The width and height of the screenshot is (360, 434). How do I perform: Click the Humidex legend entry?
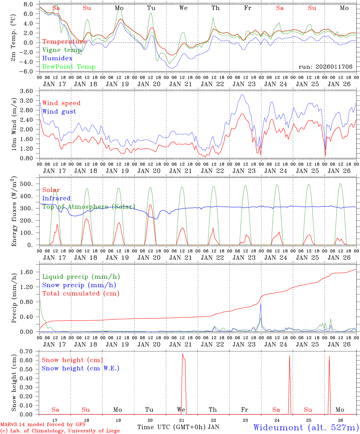(57, 58)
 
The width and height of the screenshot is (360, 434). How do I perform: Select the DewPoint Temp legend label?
(69, 67)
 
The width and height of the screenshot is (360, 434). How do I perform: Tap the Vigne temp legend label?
(62, 50)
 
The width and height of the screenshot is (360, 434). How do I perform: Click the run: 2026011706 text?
(325, 67)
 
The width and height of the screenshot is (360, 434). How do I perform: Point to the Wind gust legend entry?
(59, 112)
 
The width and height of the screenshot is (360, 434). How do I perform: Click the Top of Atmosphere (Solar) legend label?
(88, 207)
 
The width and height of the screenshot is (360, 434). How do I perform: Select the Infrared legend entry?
(56, 198)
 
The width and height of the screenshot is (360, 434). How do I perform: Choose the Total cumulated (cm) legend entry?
(81, 294)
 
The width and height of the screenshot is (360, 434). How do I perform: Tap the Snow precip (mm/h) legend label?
(79, 285)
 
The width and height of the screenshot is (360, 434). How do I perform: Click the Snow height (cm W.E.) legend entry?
(80, 368)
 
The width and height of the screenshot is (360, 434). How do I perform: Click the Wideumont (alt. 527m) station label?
(306, 427)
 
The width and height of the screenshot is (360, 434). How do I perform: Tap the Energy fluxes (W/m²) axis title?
(14, 212)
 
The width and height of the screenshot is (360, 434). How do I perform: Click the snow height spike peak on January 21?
(182, 354)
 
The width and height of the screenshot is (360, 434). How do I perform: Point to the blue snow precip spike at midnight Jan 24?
(261, 304)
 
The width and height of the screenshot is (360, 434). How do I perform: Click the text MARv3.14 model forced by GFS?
(43, 425)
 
